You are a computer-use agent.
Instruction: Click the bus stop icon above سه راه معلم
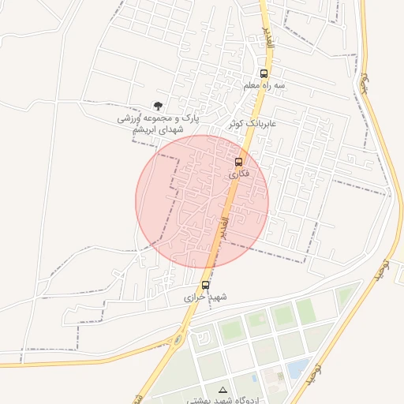264,73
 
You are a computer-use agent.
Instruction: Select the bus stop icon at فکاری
238,161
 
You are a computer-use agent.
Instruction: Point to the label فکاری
238,173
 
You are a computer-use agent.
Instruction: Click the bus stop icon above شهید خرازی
205,284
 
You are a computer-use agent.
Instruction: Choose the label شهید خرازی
205,297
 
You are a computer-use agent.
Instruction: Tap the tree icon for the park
159,106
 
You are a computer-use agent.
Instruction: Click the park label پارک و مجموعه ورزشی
159,118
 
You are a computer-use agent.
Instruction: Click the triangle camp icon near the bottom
222,390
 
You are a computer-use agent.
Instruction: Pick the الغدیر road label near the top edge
267,36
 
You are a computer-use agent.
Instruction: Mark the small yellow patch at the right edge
400,275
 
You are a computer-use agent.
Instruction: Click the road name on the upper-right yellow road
365,82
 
